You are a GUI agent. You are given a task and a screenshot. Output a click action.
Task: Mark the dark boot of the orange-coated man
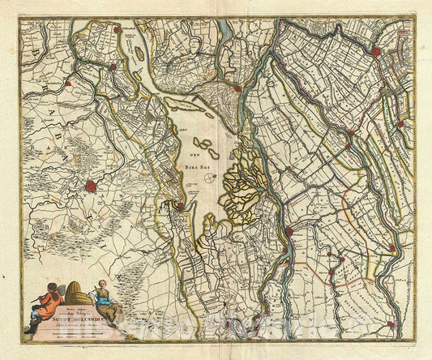pos(31,328)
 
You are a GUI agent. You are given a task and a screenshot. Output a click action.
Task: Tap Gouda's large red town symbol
pos(376,52)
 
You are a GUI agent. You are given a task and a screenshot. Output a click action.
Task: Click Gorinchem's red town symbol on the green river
pos(289,233)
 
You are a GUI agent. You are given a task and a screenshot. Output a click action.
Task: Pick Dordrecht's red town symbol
pos(237,88)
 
